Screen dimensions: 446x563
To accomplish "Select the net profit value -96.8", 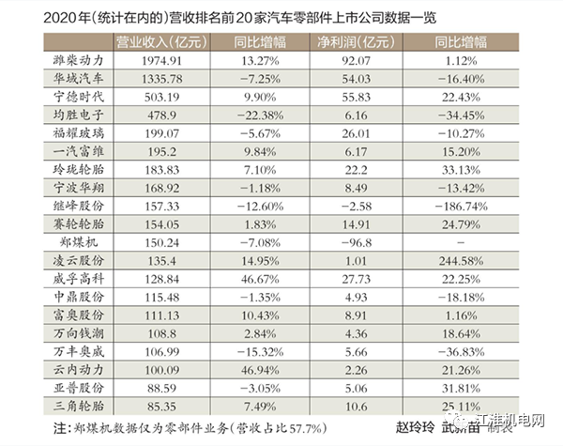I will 357,241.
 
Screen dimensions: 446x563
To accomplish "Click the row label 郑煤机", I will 79,241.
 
